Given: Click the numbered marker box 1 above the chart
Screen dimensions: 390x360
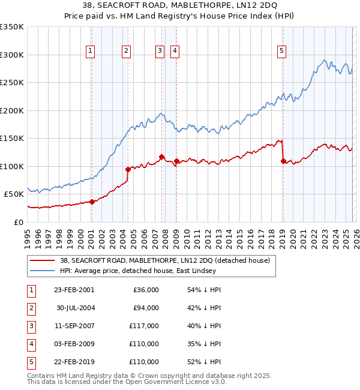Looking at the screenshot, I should (90, 52).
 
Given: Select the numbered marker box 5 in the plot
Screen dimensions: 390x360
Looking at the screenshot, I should (282, 52).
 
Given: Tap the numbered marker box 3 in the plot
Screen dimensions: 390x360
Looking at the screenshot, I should (160, 52).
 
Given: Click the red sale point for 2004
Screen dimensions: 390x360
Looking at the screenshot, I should (128, 169).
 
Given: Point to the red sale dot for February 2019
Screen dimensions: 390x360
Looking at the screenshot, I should (283, 161).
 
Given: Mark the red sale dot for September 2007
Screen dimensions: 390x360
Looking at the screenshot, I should (161, 157).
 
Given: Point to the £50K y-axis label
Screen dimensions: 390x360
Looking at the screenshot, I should (14, 194).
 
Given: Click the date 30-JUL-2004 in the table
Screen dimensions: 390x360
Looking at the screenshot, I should (76, 308).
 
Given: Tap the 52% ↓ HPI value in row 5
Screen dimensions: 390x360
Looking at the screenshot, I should (204, 362).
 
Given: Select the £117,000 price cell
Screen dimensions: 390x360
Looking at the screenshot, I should (143, 326).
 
